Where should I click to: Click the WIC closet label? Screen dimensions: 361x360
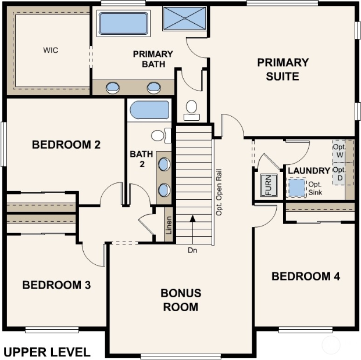tap(51, 50)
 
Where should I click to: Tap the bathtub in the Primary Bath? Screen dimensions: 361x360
tap(123, 23)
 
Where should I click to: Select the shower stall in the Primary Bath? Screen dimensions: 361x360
tap(185, 19)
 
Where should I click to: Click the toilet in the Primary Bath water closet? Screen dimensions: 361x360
tap(192, 110)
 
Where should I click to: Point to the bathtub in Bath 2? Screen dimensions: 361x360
tap(149, 110)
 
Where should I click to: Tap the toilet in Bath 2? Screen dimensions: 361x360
tap(161, 135)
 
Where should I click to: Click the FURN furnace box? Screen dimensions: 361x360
tap(269, 185)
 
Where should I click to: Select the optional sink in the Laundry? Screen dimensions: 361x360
tap(297, 188)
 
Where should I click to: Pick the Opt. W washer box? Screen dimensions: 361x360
tap(339, 152)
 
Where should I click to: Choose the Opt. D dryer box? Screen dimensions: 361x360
tap(339, 174)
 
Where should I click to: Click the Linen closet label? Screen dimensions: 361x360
tap(169, 225)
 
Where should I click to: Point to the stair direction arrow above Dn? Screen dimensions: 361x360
tap(192, 229)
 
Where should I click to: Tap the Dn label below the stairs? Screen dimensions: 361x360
tap(192, 250)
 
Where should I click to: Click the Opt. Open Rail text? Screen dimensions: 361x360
tap(219, 192)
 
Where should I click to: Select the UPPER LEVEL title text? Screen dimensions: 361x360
tap(47, 352)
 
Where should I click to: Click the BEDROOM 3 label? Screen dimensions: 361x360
tap(56, 285)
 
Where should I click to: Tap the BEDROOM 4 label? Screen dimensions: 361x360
tap(306, 276)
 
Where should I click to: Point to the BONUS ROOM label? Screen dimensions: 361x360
tap(181, 300)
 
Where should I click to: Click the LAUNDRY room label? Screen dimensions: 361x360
tap(309, 171)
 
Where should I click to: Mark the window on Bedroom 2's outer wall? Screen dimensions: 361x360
tap(3, 144)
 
